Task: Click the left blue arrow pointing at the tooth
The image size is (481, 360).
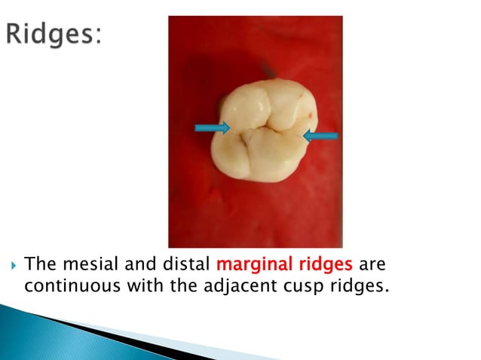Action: tap(212, 129)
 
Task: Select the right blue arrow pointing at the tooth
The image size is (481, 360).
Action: tap(320, 135)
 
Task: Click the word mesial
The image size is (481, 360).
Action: tap(83, 266)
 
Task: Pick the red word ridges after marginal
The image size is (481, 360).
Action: tap(320, 266)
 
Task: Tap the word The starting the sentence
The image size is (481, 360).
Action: tap(37, 266)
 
